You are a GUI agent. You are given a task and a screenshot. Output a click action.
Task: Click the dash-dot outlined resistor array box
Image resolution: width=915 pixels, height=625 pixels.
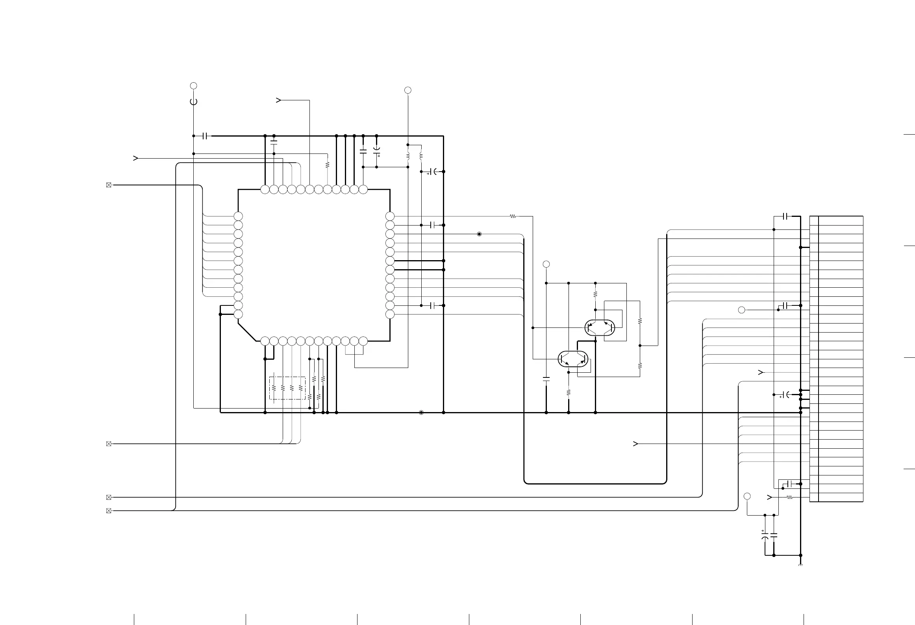[287, 388]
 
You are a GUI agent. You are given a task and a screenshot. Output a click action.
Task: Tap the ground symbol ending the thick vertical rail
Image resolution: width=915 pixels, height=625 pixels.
[800, 565]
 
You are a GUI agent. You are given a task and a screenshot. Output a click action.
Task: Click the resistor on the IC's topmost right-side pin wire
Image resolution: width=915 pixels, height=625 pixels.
[513, 216]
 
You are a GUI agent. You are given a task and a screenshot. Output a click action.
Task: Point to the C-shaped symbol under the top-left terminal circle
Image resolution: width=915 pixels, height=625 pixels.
[193, 102]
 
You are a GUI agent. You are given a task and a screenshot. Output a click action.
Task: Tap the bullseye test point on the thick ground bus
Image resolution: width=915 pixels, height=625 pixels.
[421, 412]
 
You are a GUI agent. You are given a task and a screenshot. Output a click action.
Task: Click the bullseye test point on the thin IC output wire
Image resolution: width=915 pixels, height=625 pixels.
[479, 234]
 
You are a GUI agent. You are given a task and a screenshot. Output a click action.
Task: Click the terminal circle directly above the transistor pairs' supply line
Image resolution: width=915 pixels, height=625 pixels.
[546, 264]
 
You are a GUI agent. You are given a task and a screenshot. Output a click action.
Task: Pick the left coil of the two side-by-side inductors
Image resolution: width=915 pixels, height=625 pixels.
[408, 156]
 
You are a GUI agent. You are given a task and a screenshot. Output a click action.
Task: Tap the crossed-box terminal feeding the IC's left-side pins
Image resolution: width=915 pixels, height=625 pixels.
[109, 185]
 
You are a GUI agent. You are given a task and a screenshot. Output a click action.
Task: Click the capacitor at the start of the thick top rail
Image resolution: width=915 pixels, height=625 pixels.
[205, 136]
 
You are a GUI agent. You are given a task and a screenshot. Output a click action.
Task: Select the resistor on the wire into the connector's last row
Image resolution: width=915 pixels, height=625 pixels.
[789, 497]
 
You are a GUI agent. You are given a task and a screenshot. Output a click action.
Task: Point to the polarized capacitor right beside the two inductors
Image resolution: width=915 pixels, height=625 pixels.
[433, 172]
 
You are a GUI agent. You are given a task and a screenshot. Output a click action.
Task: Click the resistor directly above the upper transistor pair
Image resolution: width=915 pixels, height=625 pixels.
[595, 294]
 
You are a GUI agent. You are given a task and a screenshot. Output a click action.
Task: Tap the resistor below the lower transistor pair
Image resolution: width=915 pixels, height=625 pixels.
[569, 392]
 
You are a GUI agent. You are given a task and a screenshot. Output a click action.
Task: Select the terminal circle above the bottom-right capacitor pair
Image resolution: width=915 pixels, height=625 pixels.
[747, 496]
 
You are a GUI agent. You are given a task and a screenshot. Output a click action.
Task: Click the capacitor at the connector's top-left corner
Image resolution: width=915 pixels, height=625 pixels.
[785, 216]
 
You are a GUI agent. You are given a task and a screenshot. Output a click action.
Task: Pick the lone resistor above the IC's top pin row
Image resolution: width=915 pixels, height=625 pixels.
[327, 165]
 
